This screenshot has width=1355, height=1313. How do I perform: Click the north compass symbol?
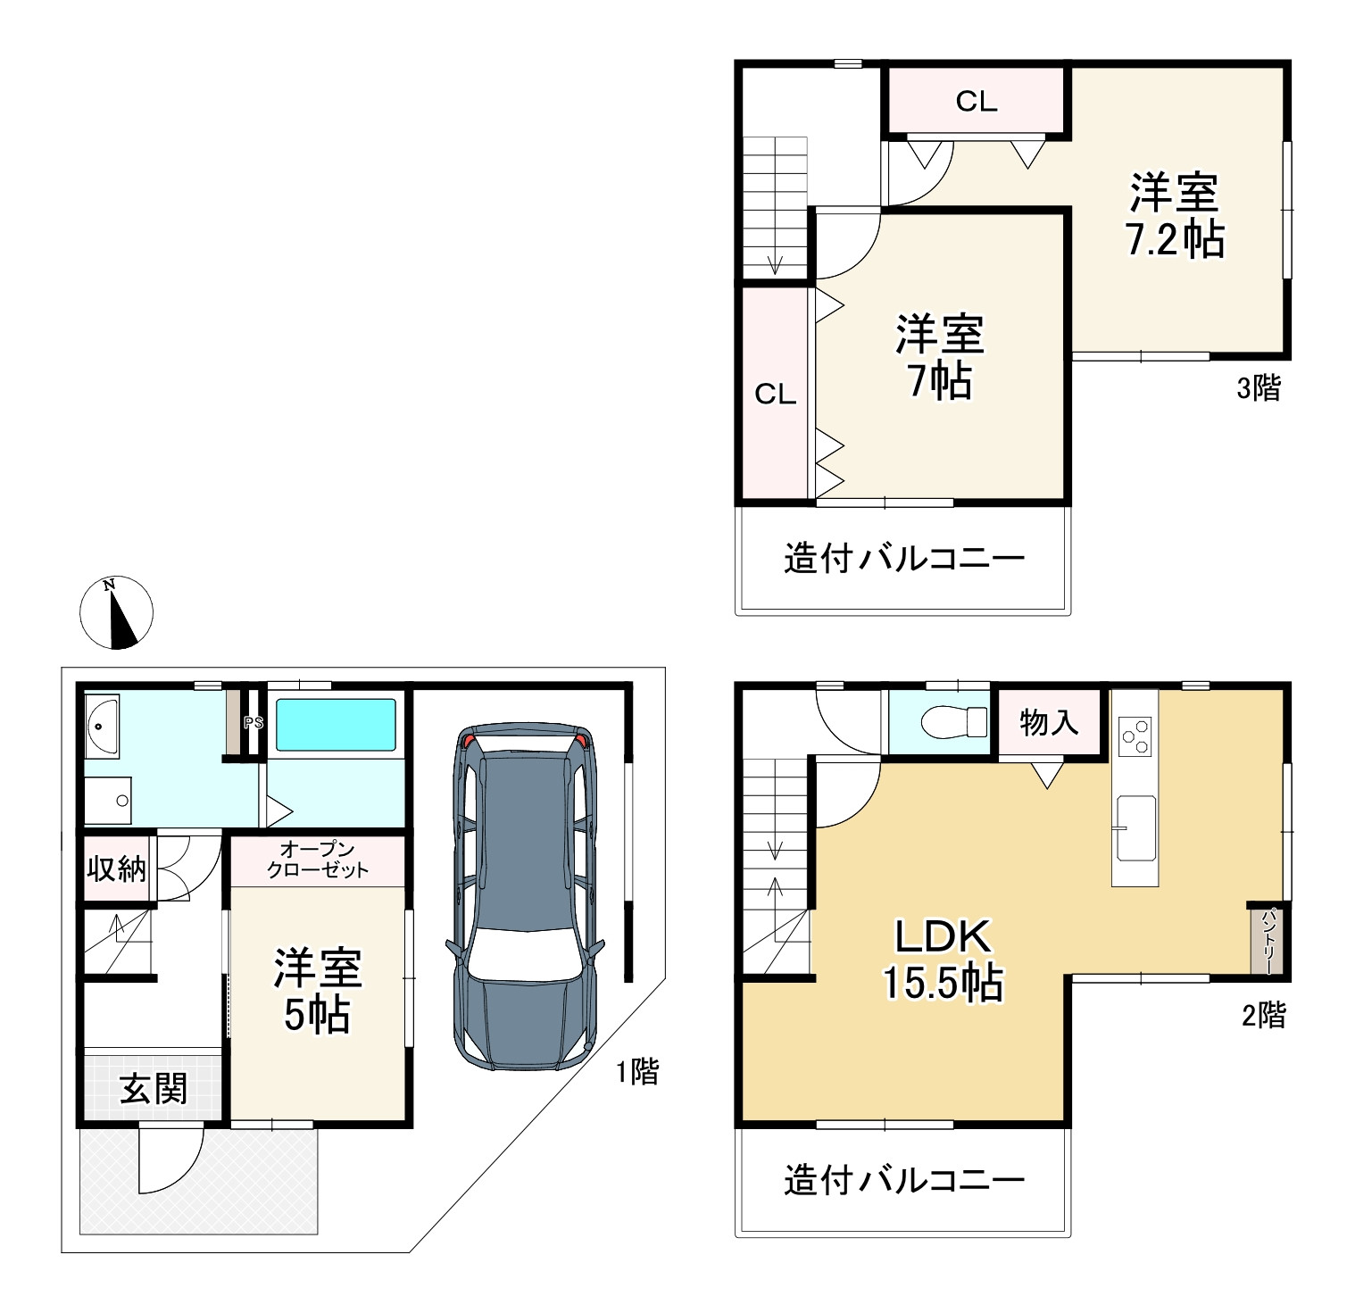click(x=117, y=612)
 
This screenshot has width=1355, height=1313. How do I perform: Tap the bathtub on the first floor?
click(x=336, y=725)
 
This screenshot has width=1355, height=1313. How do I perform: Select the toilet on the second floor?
click(x=953, y=722)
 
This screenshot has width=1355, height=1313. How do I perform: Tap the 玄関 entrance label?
click(x=154, y=1089)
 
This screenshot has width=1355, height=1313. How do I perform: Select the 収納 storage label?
click(x=116, y=868)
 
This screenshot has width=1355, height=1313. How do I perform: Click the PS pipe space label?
click(x=254, y=723)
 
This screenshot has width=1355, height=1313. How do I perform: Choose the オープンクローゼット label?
click(x=318, y=860)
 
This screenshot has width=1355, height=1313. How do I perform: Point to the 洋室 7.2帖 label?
click(x=1175, y=216)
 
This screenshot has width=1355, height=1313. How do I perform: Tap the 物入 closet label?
click(x=1049, y=722)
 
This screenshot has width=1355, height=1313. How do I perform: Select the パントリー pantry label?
click(x=1268, y=939)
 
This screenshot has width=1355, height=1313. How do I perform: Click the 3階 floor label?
click(x=1259, y=387)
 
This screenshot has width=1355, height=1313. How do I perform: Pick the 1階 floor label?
click(x=637, y=1071)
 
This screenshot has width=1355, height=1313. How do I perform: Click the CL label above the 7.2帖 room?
click(x=976, y=102)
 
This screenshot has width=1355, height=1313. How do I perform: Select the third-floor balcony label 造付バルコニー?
click(x=904, y=559)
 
